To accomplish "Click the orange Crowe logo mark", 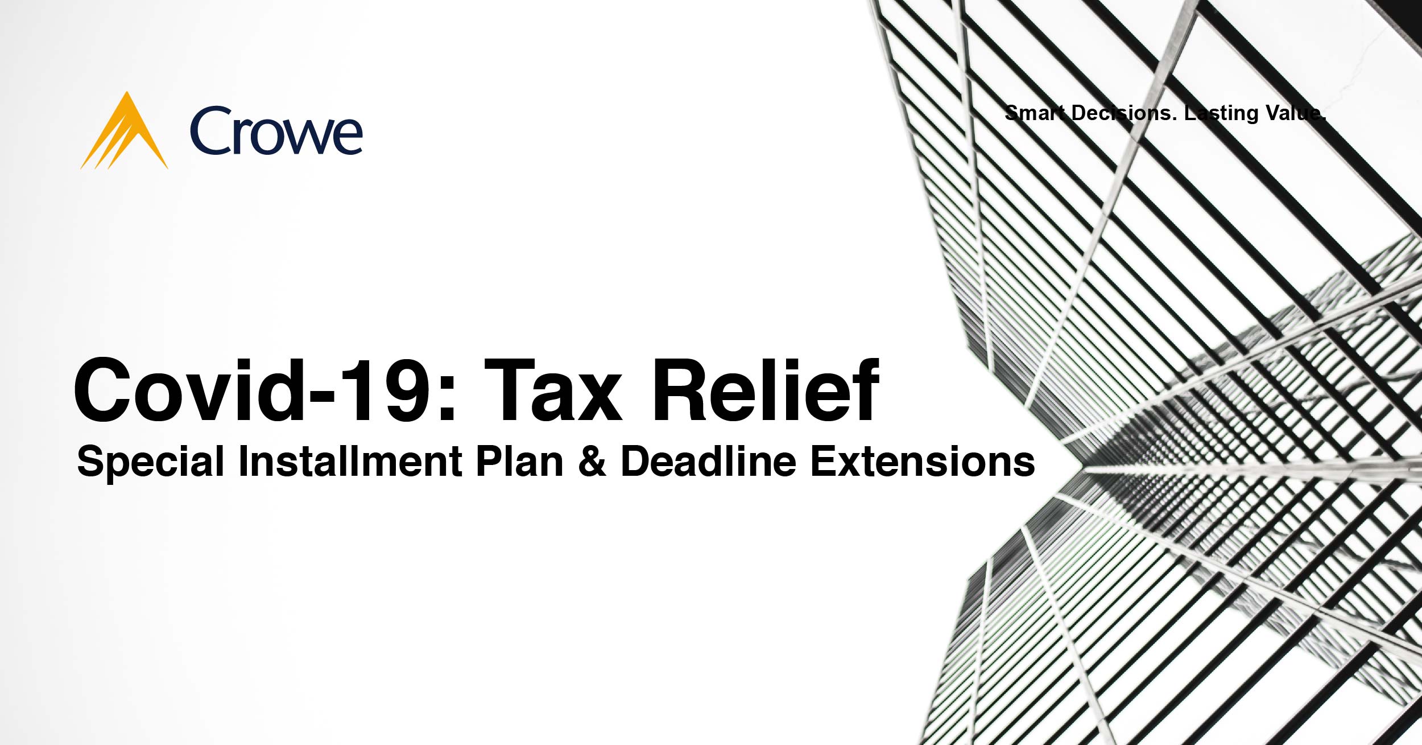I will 125,134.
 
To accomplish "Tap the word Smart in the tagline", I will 1034,113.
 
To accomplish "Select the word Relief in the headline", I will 766,391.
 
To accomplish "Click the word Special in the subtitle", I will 151,462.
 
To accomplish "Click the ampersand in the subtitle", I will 592,461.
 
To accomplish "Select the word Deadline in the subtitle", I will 709,460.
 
